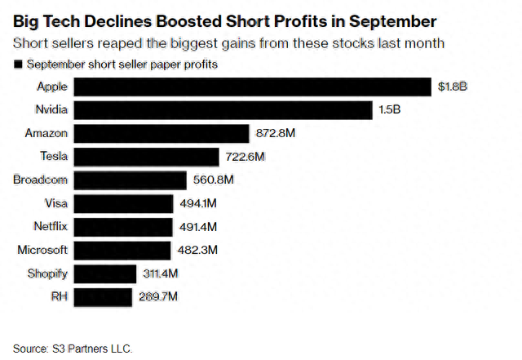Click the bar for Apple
click(x=253, y=87)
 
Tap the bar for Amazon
click(x=161, y=133)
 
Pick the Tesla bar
click(x=147, y=157)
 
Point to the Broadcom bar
click(x=130, y=180)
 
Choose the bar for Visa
click(x=123, y=203)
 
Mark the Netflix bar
click(x=123, y=227)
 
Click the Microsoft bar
click(x=122, y=251)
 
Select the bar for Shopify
click(x=105, y=273)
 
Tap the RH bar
click(x=104, y=297)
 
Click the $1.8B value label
click(x=452, y=87)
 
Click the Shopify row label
click(x=46, y=273)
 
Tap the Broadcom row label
click(x=40, y=180)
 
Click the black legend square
click(x=18, y=64)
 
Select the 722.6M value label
click(x=244, y=157)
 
